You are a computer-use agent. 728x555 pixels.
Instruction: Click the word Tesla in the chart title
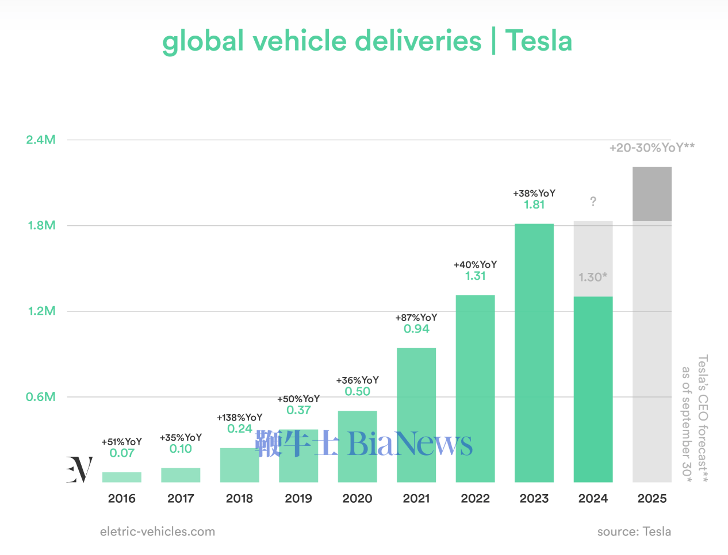click(x=538, y=41)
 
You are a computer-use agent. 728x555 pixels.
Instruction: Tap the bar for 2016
click(x=122, y=477)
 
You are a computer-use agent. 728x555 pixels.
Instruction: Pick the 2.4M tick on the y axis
click(x=41, y=140)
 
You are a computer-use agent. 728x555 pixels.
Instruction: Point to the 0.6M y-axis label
click(x=41, y=396)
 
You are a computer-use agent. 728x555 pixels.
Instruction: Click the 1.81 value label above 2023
click(x=534, y=205)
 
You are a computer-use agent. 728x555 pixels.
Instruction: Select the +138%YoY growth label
click(x=239, y=418)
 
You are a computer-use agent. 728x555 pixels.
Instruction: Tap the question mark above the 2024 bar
click(x=593, y=202)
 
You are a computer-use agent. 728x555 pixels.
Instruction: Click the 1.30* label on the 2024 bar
click(x=593, y=277)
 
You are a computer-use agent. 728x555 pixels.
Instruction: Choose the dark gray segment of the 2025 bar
click(x=652, y=194)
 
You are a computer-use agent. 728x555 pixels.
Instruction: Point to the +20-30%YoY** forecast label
click(x=652, y=148)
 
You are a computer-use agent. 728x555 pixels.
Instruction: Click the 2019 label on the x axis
click(x=298, y=498)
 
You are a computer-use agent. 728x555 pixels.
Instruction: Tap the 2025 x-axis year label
click(x=652, y=498)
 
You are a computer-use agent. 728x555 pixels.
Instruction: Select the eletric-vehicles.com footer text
click(x=158, y=531)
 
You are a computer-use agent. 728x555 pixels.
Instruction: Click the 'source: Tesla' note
click(x=634, y=531)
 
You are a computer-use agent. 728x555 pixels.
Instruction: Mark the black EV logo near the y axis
click(x=79, y=469)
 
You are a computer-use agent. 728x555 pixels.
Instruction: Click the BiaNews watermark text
click(x=409, y=444)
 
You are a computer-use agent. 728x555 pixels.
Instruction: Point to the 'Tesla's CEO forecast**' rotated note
click(x=703, y=418)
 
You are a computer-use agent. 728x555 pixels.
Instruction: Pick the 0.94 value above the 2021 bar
click(x=416, y=329)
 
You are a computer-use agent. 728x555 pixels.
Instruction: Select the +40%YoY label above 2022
click(x=475, y=265)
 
